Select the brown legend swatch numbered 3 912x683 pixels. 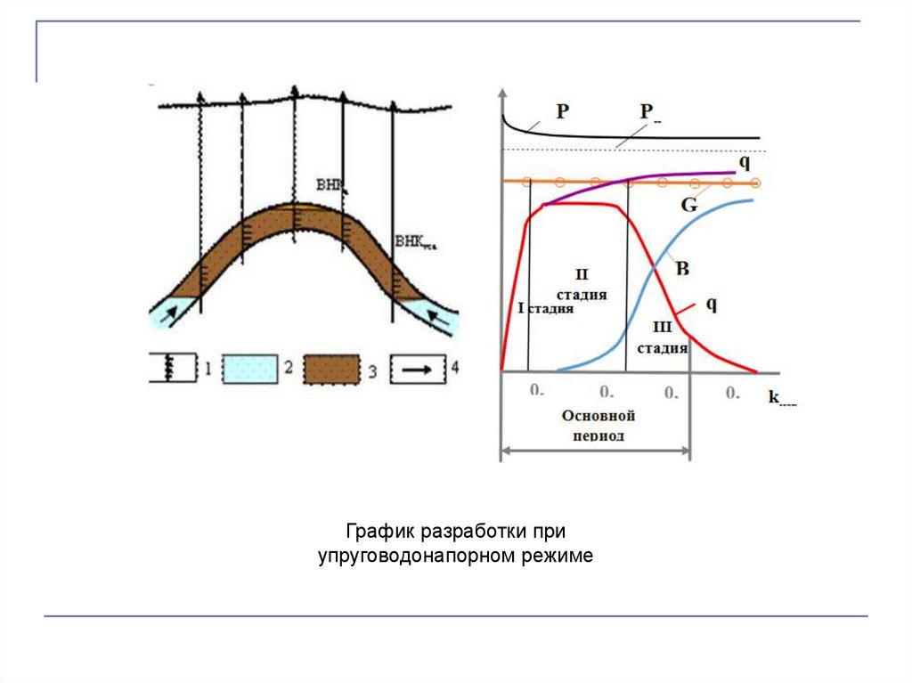click(331, 369)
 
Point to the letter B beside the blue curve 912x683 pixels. click(683, 268)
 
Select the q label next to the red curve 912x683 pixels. click(712, 304)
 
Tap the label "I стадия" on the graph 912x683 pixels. click(546, 309)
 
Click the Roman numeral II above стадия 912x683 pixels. click(582, 274)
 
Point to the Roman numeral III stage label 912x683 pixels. click(662, 328)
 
